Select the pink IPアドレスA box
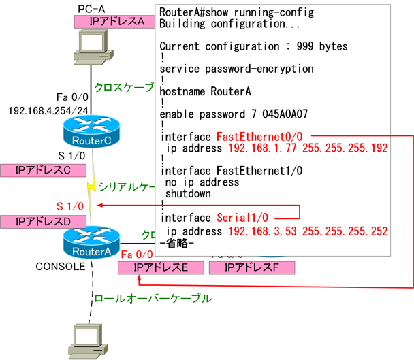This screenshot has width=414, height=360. coord(112,22)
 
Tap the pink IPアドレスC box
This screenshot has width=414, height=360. coord(42,169)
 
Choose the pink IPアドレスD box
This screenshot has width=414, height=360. coord(42,222)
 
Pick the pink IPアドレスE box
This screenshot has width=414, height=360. coord(161,267)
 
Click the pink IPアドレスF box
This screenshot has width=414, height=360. coord(251,267)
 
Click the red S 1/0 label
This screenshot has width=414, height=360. coord(69,205)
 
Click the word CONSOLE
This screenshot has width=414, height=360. coord(60,266)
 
